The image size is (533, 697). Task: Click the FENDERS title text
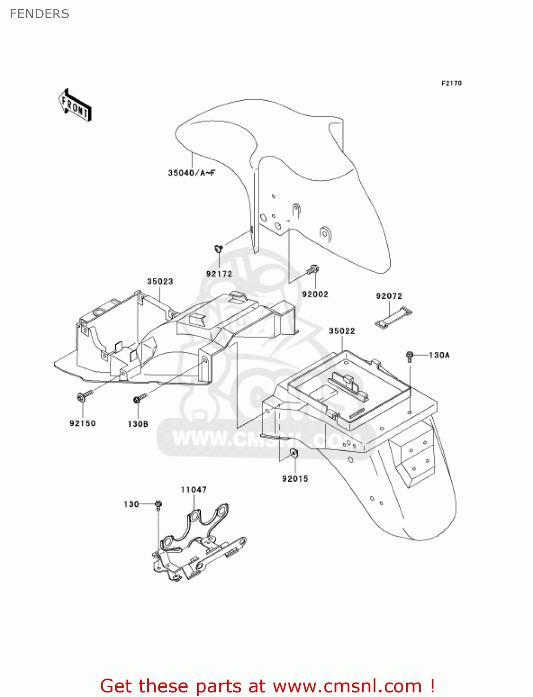tap(39, 14)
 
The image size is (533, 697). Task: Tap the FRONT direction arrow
tap(75, 105)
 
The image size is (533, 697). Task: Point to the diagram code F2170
tap(451, 83)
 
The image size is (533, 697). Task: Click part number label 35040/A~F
tap(191, 173)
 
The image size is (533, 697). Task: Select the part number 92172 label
tap(219, 274)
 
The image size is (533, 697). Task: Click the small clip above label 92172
tap(218, 249)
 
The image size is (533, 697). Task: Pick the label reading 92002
tap(315, 294)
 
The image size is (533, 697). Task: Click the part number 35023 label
tap(160, 282)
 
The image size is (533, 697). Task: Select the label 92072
tap(389, 296)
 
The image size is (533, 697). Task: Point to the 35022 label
tap(342, 331)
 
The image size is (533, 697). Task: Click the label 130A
tap(439, 355)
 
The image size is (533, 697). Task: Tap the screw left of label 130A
tap(409, 356)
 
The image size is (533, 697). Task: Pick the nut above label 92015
tap(294, 453)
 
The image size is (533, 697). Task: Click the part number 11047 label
tap(194, 490)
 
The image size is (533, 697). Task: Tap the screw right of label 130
tap(158, 504)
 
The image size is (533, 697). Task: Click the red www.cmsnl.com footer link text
tap(347, 686)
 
